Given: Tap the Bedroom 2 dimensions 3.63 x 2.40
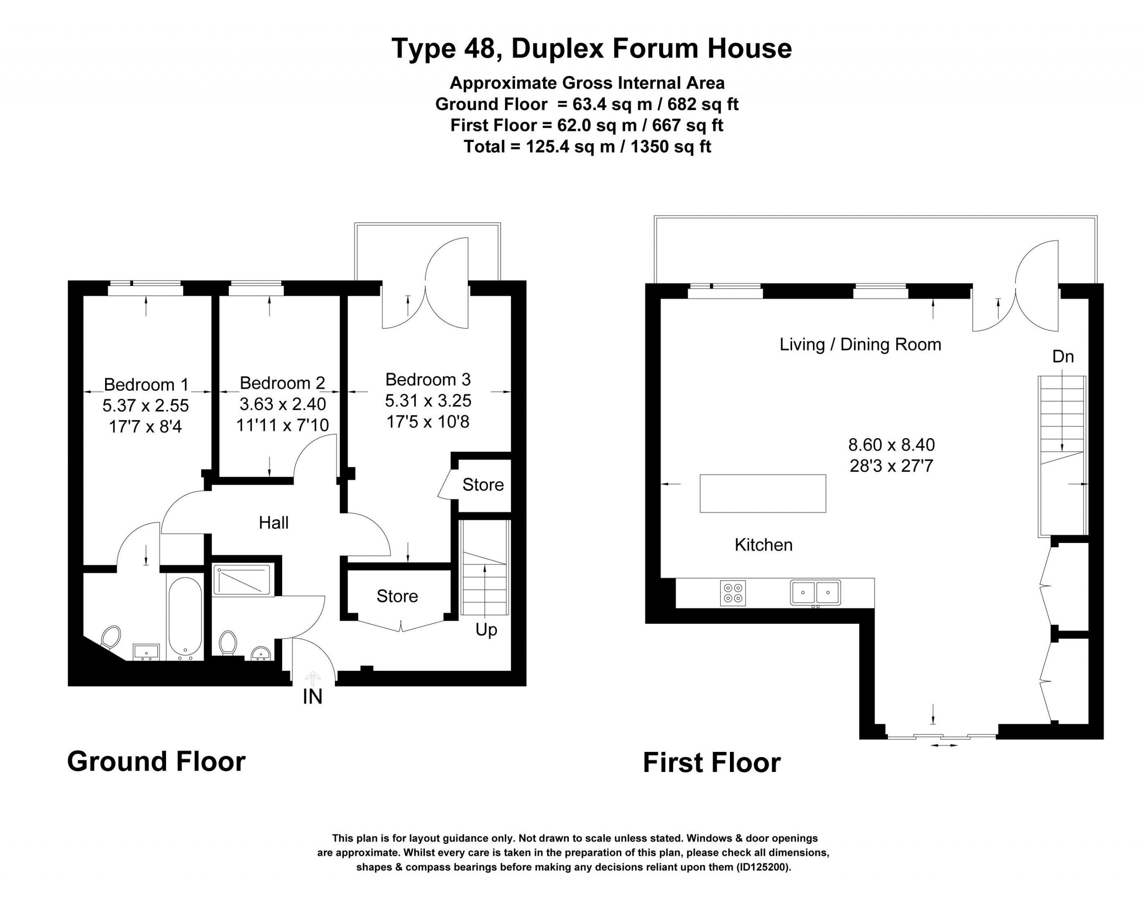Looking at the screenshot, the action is (282, 404).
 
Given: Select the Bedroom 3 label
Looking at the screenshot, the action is (428, 380).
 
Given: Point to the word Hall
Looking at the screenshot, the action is (273, 523).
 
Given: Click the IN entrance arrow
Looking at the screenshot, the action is (313, 678).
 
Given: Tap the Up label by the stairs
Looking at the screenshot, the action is (486, 630).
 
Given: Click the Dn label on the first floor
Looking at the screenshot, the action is (1062, 357).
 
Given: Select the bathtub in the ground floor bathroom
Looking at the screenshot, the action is (185, 619).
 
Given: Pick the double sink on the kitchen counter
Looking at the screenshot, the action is (815, 592).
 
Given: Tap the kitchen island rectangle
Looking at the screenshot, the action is (762, 493).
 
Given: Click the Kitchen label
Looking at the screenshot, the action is (763, 545).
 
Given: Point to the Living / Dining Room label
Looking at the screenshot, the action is (860, 345).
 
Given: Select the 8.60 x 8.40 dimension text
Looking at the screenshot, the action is (891, 445).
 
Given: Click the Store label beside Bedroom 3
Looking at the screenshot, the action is (483, 485).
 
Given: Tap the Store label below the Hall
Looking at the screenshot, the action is (397, 596).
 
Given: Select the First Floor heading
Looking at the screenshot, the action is (712, 763).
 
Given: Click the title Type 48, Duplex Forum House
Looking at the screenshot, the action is (591, 48).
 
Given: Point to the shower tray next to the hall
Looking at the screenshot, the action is (242, 580).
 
